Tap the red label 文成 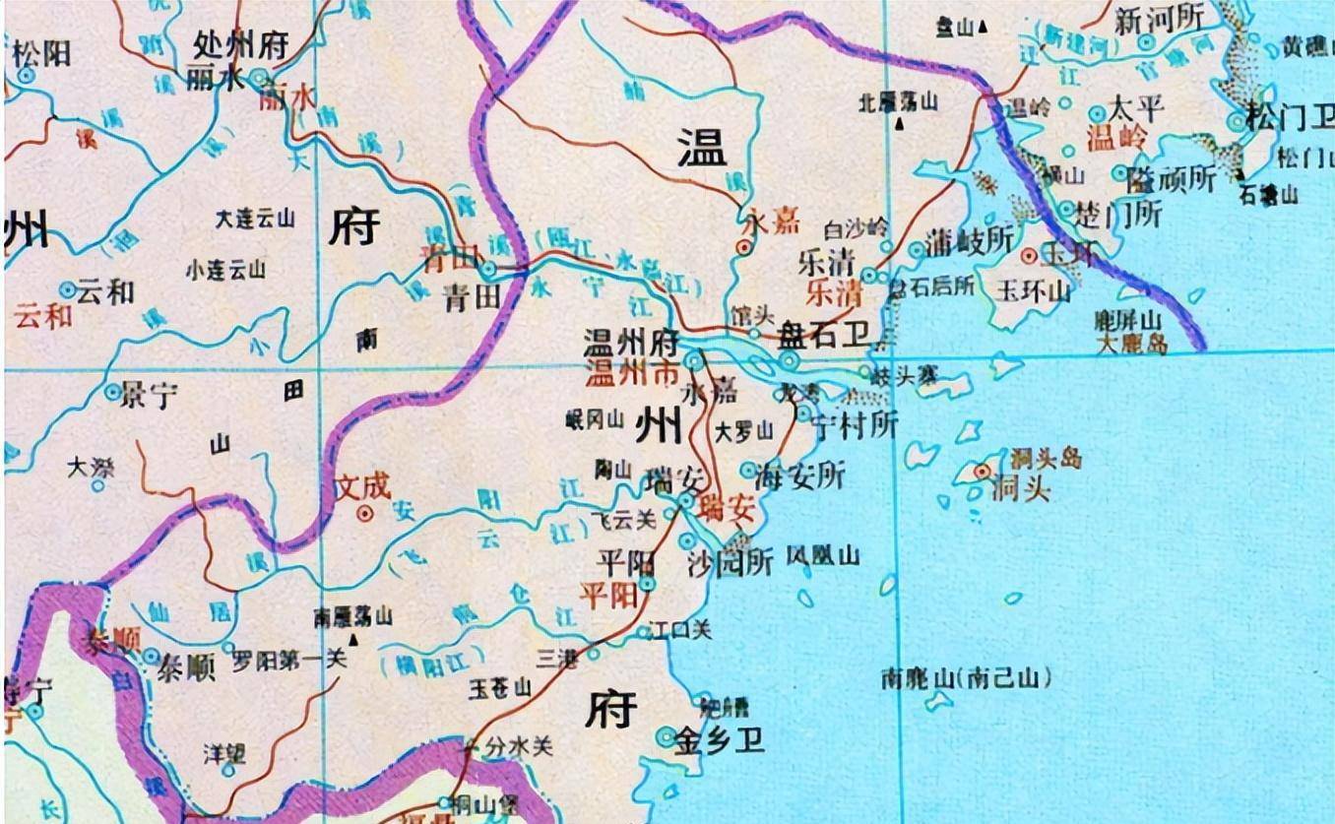tap(362, 485)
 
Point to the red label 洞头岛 tap(1045, 458)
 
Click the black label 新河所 tap(1159, 19)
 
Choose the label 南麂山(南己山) tap(966, 678)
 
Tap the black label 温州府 tap(631, 345)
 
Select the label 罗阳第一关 tap(288, 661)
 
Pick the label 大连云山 tap(254, 219)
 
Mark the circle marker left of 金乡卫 tap(667, 736)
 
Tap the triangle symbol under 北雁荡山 tap(900, 124)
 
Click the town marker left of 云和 tap(67, 290)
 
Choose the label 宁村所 tap(855, 426)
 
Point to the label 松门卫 tap(1289, 120)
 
